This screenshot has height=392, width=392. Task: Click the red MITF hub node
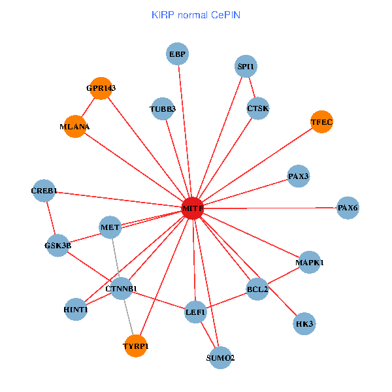[x=192, y=208]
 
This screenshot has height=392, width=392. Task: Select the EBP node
[x=177, y=55]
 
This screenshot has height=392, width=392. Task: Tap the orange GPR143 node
[x=101, y=88]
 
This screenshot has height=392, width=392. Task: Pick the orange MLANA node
[x=75, y=126]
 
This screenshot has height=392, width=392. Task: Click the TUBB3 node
[x=163, y=108]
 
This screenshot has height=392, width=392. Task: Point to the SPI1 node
[x=246, y=66]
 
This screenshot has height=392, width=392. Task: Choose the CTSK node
[x=258, y=108]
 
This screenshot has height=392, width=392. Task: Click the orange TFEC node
[x=321, y=122]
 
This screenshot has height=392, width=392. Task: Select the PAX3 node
[x=299, y=176]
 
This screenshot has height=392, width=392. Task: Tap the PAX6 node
[x=348, y=208]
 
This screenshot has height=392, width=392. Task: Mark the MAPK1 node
[x=309, y=263]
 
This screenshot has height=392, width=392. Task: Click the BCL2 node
[x=257, y=289]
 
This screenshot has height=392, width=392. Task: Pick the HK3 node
[x=304, y=323]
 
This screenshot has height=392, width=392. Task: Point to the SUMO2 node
[x=220, y=357]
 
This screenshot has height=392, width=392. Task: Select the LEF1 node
[x=195, y=312]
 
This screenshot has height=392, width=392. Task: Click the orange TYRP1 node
[x=136, y=346]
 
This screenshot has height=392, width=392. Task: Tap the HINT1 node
[x=76, y=309]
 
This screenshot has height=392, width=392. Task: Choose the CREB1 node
[x=44, y=191]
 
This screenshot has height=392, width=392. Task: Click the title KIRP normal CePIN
[x=195, y=14]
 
